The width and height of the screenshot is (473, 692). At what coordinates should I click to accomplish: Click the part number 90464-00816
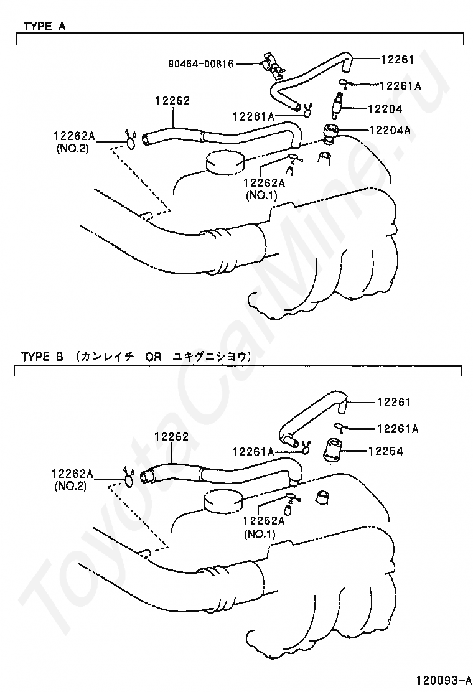pos(201,63)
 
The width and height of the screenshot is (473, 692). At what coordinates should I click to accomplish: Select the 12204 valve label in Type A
pos(385,108)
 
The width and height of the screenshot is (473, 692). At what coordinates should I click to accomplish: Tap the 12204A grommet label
pos(390,129)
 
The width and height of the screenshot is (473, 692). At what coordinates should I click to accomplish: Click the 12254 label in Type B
pos(386,451)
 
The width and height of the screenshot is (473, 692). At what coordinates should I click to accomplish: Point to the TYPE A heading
pos(44,26)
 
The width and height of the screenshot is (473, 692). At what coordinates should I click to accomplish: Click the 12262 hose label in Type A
pos(172,101)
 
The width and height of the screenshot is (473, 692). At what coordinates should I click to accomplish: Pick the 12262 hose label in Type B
pos(171,436)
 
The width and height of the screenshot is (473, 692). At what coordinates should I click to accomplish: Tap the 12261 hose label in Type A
pos(398,59)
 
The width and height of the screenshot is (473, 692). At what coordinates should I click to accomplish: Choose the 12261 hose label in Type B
pos(394,401)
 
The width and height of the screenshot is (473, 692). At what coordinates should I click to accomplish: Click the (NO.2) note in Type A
pos(72,149)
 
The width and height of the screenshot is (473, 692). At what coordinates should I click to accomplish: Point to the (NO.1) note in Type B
pos(260,535)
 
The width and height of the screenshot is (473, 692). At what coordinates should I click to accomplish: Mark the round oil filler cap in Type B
pos(224,501)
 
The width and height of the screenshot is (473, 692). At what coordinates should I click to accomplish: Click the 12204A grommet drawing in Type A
pos(330,134)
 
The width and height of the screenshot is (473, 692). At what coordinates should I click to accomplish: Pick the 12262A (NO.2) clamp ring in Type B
pos(128,479)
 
